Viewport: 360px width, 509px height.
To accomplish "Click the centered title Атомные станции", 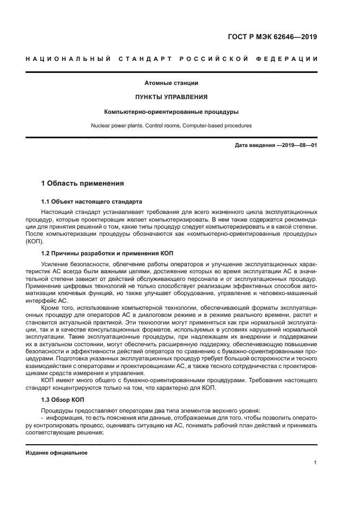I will (x=171, y=83).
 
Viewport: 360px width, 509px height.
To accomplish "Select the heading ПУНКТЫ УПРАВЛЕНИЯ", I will (x=171, y=97).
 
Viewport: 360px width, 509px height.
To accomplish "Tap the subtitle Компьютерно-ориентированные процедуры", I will (x=171, y=112).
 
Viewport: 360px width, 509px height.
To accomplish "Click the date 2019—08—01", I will (x=298, y=146).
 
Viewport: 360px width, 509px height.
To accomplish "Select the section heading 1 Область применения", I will (x=83, y=183).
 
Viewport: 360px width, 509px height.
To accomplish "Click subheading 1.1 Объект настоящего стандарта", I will (x=91, y=201).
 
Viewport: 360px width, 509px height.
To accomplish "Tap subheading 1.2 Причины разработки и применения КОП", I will (x=106, y=253).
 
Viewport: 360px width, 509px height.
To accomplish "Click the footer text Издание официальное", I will (x=56, y=452).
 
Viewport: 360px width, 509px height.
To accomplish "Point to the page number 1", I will (x=315, y=463).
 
